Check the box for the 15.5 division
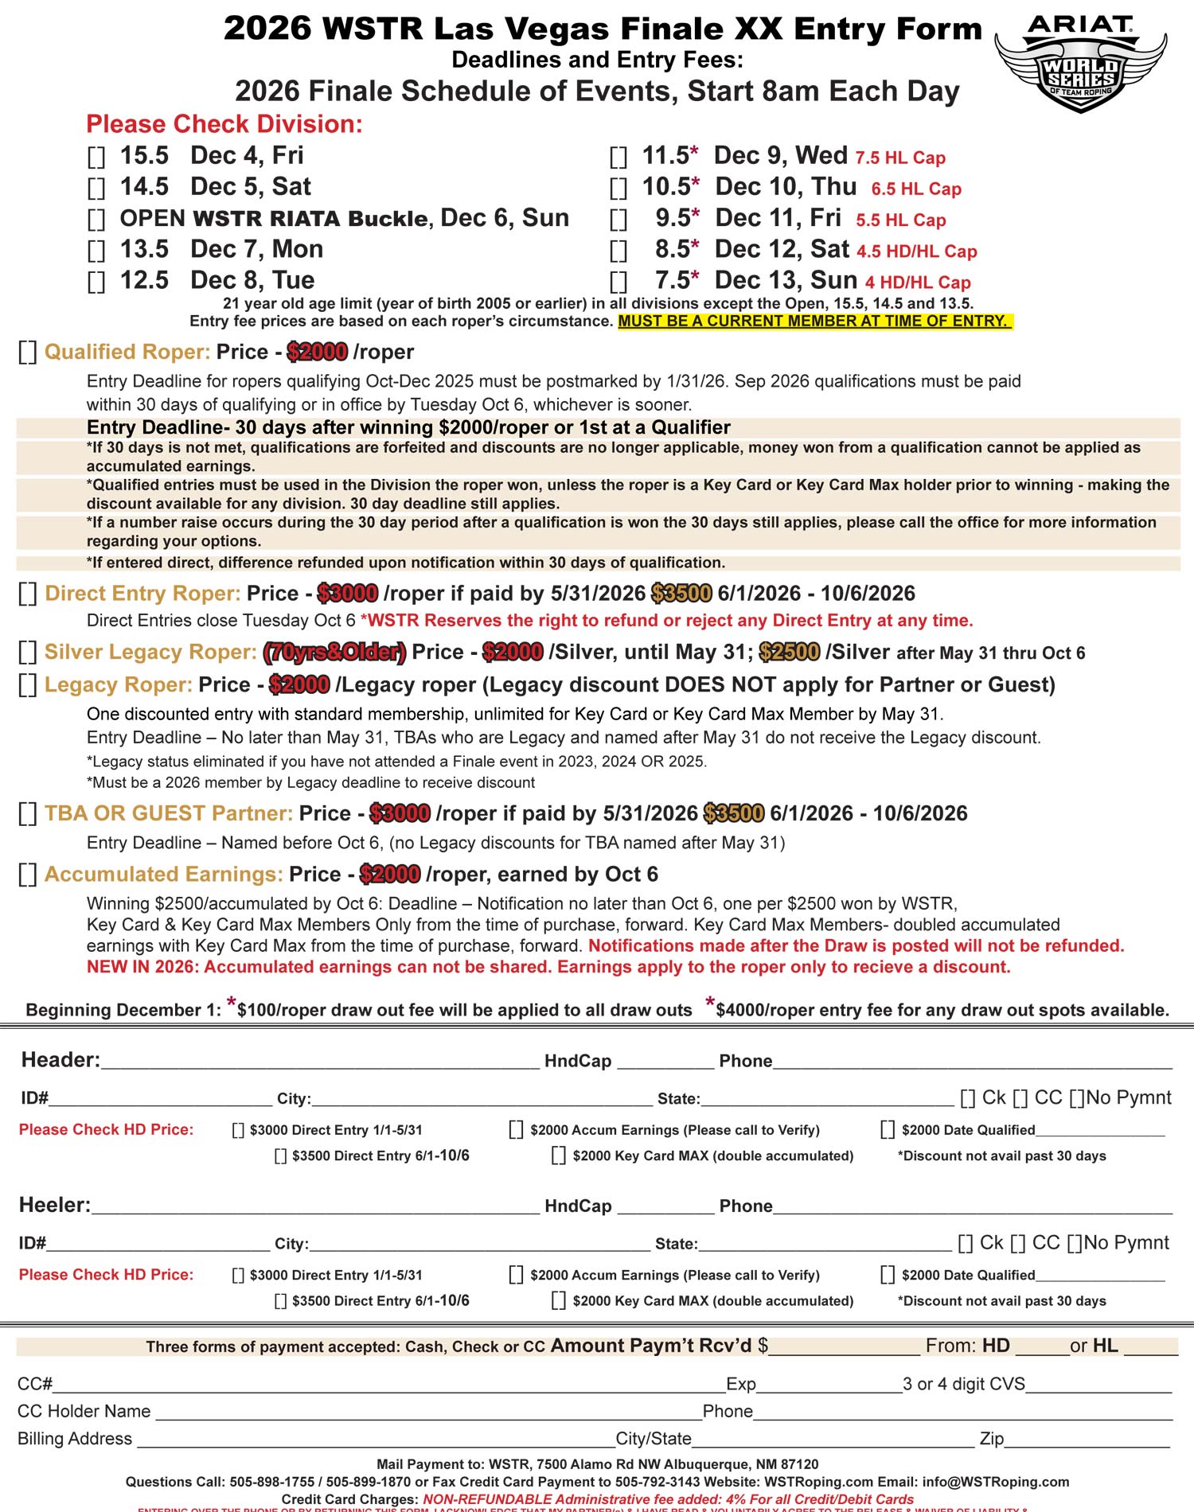point(96,157)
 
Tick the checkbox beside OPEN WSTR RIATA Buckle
point(96,220)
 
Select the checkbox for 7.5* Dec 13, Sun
point(618,282)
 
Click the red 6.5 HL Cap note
point(916,189)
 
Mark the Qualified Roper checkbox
point(28,353)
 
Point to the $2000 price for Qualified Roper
point(317,352)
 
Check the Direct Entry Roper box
point(28,594)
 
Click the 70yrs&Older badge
point(334,653)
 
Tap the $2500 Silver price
point(789,653)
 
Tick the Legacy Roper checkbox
point(28,685)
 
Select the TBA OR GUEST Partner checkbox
point(28,814)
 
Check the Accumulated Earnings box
point(28,875)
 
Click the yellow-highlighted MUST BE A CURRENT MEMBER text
point(814,321)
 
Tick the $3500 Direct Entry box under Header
point(280,1156)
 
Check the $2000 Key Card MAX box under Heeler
point(559,1301)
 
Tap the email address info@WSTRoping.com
point(995,1482)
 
